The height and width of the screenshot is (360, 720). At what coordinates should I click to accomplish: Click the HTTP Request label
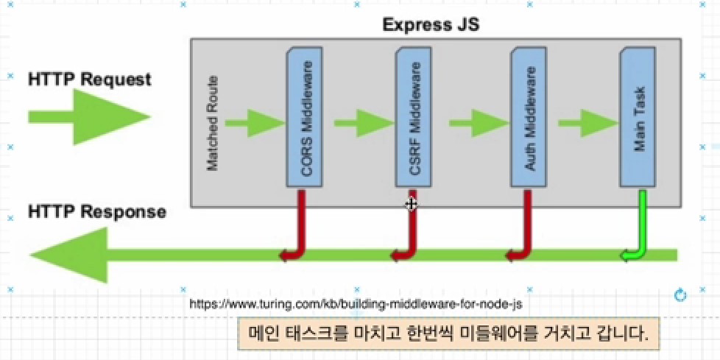pos(89,79)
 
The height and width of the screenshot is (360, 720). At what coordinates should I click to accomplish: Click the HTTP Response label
pos(96,212)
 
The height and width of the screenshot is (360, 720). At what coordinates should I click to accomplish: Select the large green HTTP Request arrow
pos(88,117)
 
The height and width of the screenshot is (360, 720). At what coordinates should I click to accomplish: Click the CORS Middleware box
pos(304,118)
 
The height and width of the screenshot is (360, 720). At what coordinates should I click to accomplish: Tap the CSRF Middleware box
pos(413,118)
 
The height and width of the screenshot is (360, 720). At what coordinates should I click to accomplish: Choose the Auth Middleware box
pos(528,118)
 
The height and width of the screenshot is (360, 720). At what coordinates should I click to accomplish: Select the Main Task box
pos(638,118)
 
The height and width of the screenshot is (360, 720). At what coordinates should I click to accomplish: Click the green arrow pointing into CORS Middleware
pos(253,122)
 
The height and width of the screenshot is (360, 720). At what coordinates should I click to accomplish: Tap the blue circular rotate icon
pos(680,295)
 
